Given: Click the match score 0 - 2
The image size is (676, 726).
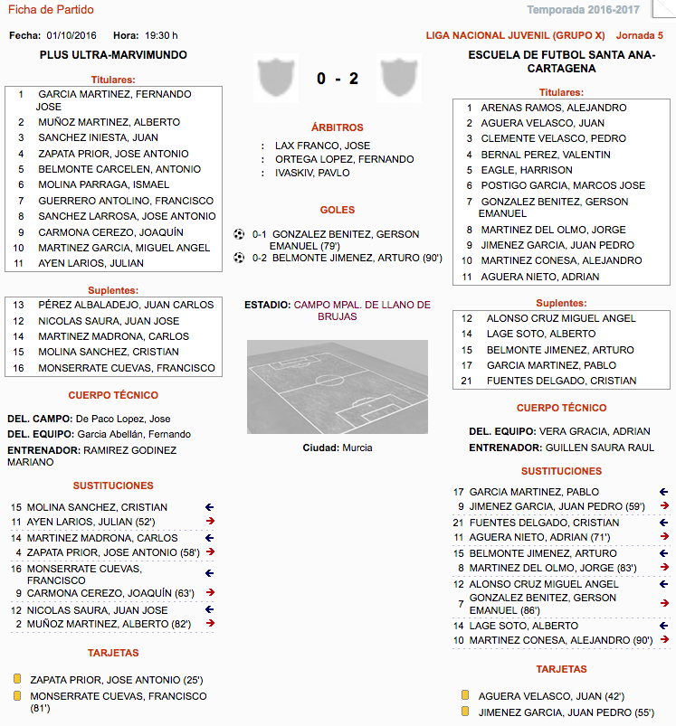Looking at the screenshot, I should point(338,79).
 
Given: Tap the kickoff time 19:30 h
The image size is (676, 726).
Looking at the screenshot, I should point(162,35).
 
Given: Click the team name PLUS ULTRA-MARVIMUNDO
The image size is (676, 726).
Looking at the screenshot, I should point(113,55).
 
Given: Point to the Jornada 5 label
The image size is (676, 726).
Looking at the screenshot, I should point(639,35).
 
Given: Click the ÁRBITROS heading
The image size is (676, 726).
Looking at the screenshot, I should point(337,128).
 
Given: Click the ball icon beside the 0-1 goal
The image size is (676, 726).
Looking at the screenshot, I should point(239,234).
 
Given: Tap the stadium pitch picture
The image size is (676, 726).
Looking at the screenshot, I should point(337,387).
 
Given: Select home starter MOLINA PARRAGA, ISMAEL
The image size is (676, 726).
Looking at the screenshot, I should point(103,185).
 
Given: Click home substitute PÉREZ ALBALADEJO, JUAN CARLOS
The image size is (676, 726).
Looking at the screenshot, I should point(126,305).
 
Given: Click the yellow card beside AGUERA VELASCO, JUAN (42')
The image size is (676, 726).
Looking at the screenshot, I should point(465,696).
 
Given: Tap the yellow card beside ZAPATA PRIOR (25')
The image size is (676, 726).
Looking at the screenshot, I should point(16,678).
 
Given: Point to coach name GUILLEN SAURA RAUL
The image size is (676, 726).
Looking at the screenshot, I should point(597,448).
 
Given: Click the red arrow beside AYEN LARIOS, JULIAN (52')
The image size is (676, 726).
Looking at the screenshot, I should point(210,522).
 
